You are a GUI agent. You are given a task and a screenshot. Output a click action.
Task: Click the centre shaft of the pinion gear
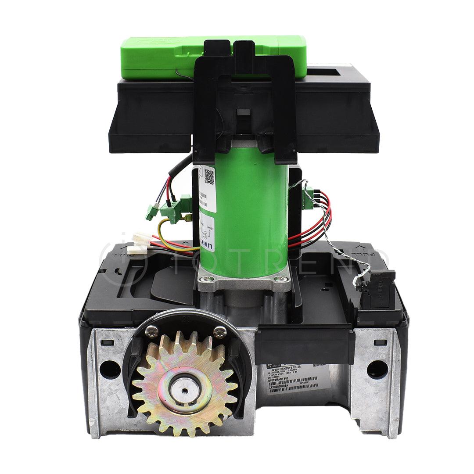pos(185,388)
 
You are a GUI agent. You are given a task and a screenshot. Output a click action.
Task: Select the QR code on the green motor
pos(209,176)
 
